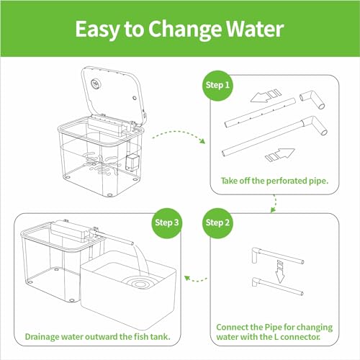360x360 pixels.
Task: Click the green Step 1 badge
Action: pos(217,86)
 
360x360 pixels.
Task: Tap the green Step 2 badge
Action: pos(217,223)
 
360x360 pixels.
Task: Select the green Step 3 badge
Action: pos(167,223)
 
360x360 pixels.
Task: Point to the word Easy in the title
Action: pos(97,30)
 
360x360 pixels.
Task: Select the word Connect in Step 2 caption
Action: pos(232,327)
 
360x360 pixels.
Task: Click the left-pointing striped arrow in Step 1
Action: pos(266,96)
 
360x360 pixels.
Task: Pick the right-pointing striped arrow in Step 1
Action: pos(280,155)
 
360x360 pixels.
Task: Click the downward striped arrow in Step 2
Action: pos(280,271)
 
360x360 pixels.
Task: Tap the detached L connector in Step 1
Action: pos(312,99)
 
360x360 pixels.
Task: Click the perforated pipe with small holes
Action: pos(260,112)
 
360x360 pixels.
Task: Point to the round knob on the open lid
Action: pos(96,84)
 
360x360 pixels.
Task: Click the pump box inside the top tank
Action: pos(132,162)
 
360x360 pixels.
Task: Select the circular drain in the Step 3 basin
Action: pos(140,284)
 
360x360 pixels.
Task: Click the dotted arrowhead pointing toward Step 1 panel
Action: pos(203,141)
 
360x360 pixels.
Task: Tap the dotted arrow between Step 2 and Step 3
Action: pos(196,279)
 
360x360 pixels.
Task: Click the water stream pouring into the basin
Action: pos(142,260)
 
